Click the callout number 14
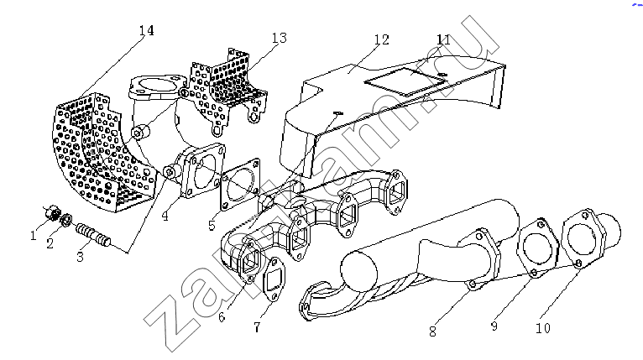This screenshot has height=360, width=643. (x=146, y=31)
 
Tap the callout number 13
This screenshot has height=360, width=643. (x=279, y=38)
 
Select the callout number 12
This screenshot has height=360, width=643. (x=381, y=39)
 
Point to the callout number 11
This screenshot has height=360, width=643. (x=443, y=39)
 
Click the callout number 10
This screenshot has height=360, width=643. (x=543, y=328)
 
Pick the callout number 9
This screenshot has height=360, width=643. (x=494, y=326)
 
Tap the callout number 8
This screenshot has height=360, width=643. (x=432, y=331)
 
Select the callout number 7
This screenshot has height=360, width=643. (x=257, y=327)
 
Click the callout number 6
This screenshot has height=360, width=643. (x=222, y=317)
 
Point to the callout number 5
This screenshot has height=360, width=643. (x=212, y=225)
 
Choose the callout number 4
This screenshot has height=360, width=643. (x=165, y=216)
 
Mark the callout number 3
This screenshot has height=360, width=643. (x=80, y=257)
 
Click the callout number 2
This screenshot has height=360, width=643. (x=50, y=243)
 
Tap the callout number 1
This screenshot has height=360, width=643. (x=34, y=235)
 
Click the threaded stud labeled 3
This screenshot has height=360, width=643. (x=93, y=235)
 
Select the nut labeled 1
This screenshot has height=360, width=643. (x=53, y=212)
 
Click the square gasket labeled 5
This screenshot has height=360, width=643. (x=241, y=184)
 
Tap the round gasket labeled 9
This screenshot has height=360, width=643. (x=537, y=248)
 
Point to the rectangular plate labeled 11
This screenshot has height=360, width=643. (x=405, y=82)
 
